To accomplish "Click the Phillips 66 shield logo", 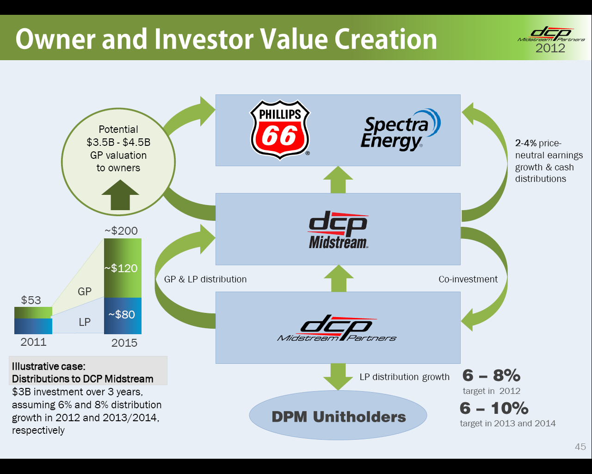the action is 280,130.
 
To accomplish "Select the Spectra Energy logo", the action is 401,130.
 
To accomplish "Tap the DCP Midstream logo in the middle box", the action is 338,230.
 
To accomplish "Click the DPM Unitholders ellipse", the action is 338,415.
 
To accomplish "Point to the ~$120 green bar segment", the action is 123,268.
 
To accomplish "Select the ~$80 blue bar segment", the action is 123,316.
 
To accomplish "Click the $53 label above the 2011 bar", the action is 31,300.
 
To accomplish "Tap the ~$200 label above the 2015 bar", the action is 121,231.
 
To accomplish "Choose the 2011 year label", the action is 34,342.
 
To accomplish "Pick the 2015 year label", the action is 124,343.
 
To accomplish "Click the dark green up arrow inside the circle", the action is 120,195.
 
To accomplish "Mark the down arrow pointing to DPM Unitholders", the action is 338,377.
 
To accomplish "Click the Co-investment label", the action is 468,279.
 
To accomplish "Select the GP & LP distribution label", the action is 205,279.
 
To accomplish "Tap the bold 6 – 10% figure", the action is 494,408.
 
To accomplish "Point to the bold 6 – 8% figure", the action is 491,375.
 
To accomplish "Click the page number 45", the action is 580,447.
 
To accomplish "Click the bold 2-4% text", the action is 526,143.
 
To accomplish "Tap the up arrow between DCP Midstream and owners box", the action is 338,180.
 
